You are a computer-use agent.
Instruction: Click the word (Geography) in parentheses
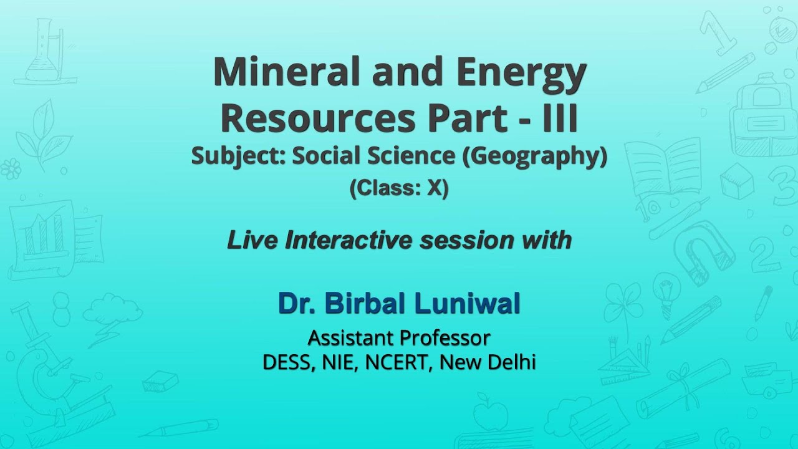(x=534, y=156)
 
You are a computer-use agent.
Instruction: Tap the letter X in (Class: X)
(x=434, y=188)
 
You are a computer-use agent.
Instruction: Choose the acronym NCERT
(x=397, y=362)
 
